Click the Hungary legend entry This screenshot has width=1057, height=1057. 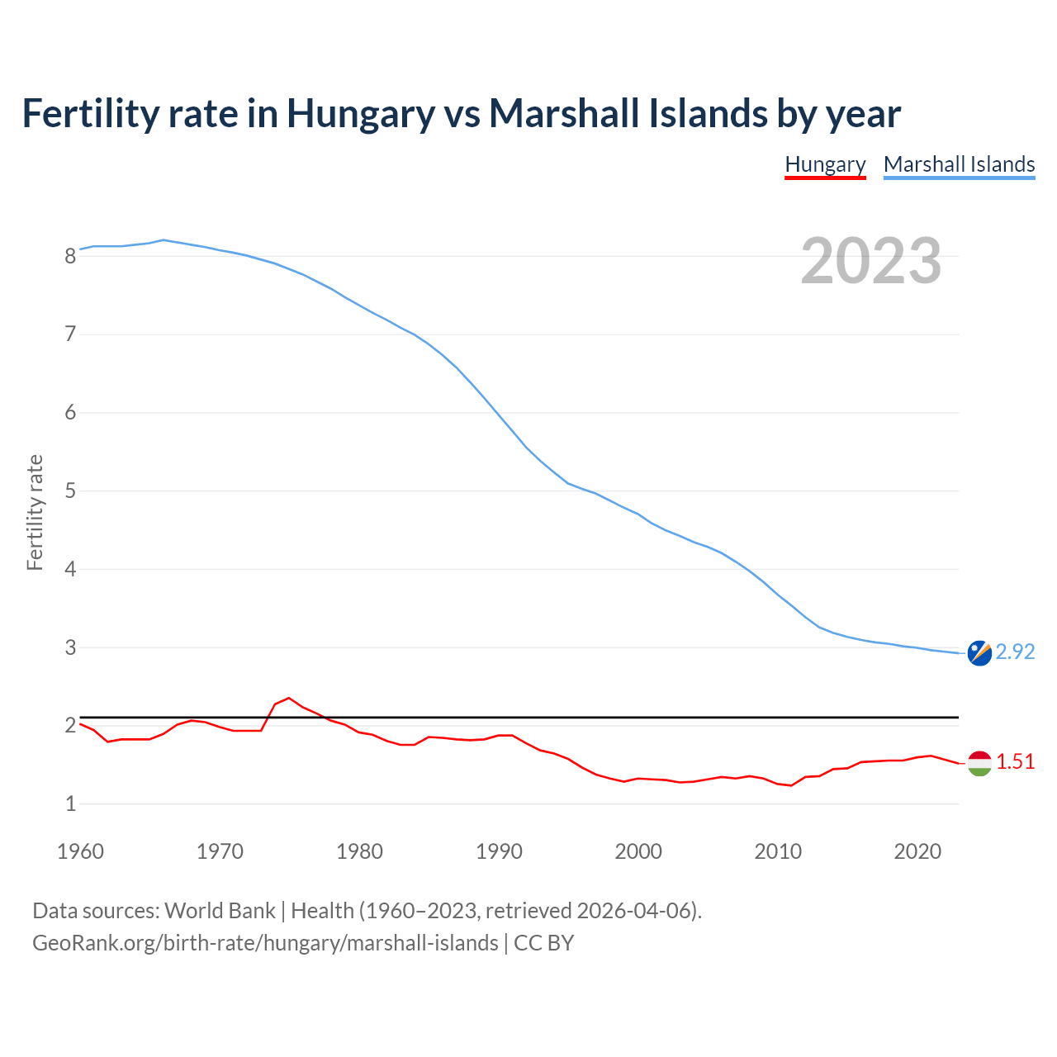pos(825,164)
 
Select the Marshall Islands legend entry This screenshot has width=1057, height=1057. pos(959,164)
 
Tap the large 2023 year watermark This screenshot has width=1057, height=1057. pos(871,261)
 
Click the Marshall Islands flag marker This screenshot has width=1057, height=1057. pos(979,652)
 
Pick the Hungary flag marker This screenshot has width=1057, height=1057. pos(979,763)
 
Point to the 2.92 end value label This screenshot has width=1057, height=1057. pos(1015,652)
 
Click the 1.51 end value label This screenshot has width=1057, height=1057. pos(1015,761)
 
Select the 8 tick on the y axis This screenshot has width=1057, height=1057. pos(70,256)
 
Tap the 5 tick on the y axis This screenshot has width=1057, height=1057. pos(70,491)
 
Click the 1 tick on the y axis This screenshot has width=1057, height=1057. pos(70,803)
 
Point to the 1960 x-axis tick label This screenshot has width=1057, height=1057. pos(80,851)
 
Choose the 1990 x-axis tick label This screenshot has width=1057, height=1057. pos(499,851)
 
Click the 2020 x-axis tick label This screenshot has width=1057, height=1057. pos(917,851)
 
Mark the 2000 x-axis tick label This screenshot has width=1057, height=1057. pos(638,851)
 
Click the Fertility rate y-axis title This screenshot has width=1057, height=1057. pos(35,512)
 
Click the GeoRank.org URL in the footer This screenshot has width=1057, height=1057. pos(265,943)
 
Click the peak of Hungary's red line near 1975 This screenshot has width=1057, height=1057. pos(288,698)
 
